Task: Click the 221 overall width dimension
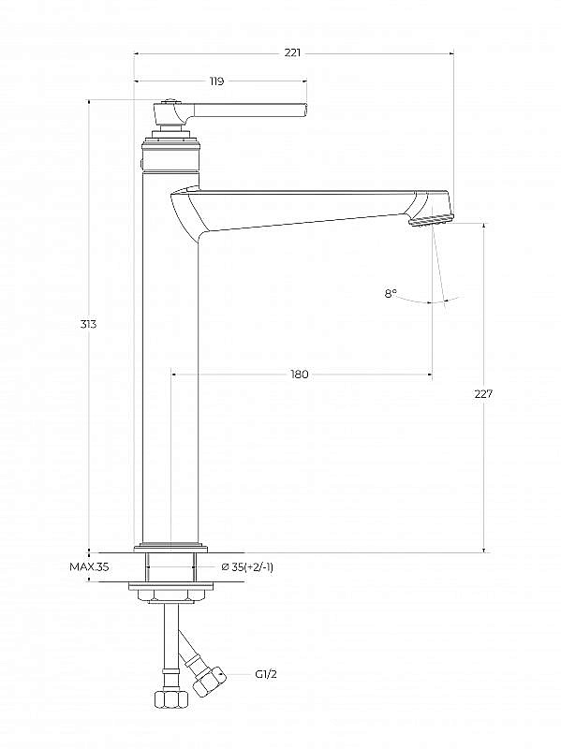click(292, 53)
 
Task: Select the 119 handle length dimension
click(216, 81)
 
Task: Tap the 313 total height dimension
click(88, 324)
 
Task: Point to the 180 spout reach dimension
click(300, 374)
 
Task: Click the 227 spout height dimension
click(483, 394)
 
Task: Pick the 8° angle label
click(391, 293)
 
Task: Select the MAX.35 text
click(89, 567)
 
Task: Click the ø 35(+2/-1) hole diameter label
click(247, 567)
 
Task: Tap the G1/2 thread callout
click(266, 674)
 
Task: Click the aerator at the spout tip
click(430, 220)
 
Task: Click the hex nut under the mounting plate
click(170, 595)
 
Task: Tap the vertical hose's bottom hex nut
click(171, 700)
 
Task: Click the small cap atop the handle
click(170, 101)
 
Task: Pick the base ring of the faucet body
click(170, 547)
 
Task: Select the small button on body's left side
click(141, 165)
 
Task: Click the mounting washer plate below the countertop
click(170, 586)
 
